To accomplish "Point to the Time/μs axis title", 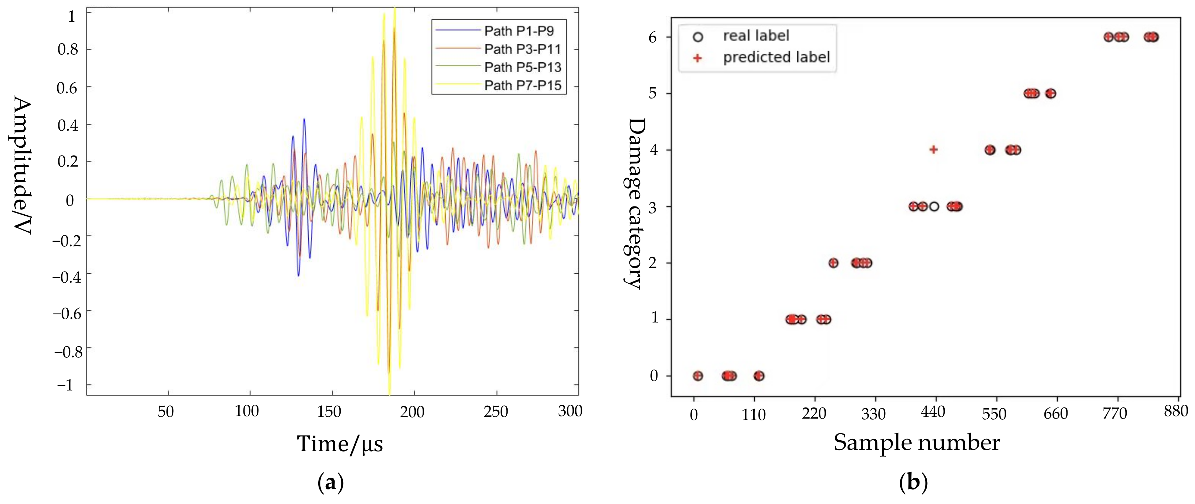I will [340, 444].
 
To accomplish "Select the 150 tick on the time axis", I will [329, 411].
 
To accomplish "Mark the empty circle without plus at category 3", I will [934, 206].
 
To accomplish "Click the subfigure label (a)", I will [330, 483].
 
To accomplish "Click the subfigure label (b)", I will [913, 483].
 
